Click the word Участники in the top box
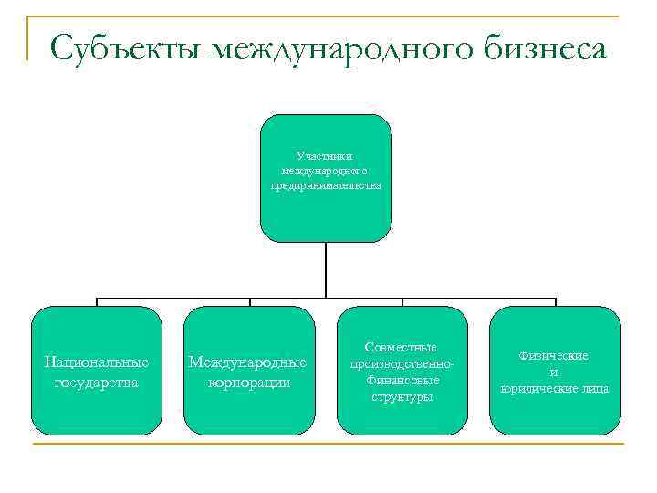[x=326, y=156]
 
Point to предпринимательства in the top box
[x=326, y=185]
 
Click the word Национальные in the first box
[x=97, y=362]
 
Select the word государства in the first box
[x=97, y=382]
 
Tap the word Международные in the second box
[x=247, y=362]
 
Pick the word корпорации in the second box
[x=247, y=382]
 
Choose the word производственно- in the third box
[x=401, y=364]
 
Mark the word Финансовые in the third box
[x=402, y=380]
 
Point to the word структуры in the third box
[x=401, y=396]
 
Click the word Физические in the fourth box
[x=554, y=355]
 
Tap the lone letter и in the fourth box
[x=554, y=372]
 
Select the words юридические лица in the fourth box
[x=554, y=388]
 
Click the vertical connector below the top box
[x=326, y=270]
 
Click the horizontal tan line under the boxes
[x=328, y=445]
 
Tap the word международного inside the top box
[x=326, y=171]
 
